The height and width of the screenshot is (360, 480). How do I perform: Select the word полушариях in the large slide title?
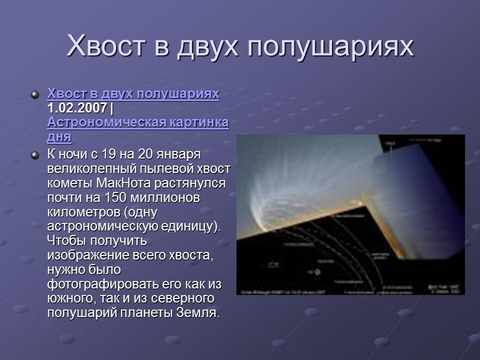pos(331,46)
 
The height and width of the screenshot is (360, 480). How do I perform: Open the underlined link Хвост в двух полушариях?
pos(133,94)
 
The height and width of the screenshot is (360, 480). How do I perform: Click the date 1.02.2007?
pos(77,108)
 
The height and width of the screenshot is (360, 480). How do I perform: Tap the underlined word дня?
pos(59,136)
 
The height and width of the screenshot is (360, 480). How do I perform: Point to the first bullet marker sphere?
pos(34,94)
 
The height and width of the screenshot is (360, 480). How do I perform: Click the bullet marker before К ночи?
pos(34,155)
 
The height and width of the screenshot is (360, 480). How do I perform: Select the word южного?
pos(71,298)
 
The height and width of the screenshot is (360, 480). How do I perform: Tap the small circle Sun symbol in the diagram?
pos(317,272)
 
